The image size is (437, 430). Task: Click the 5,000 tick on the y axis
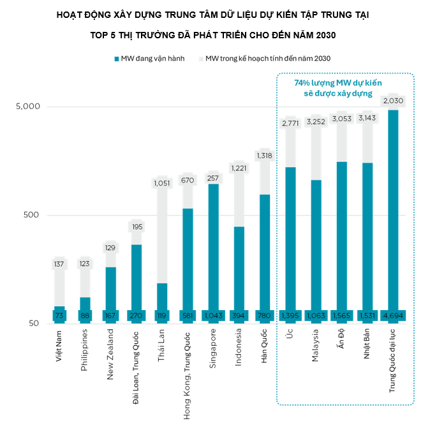pos(27,107)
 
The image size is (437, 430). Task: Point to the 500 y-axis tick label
pos(31,215)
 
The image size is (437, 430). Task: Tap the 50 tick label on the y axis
pos(34,323)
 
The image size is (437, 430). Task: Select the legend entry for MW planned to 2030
pos(267,59)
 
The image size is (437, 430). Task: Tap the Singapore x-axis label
pos(213,351)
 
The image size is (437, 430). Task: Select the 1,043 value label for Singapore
pos(213,316)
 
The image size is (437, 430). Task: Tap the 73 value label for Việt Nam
pos(59,316)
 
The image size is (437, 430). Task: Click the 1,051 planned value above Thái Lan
pos(162,184)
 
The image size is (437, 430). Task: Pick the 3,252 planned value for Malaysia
pos(315,122)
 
